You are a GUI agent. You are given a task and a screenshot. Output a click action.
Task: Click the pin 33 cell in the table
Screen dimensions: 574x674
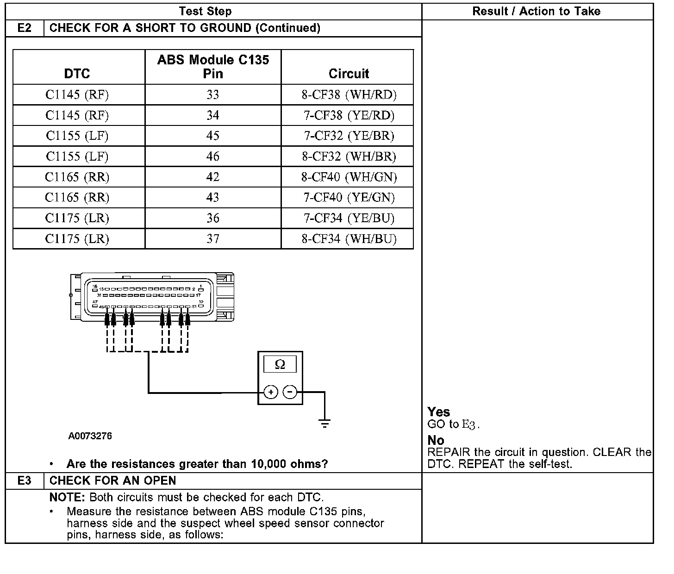click(212, 95)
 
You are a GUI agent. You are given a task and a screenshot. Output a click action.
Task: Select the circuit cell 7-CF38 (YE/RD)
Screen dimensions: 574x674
click(349, 115)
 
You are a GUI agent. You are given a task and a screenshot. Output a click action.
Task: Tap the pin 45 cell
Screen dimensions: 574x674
click(212, 136)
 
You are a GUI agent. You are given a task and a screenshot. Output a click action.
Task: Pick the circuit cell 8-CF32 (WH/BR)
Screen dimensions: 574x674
click(349, 156)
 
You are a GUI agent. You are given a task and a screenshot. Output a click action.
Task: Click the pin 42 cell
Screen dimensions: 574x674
click(212, 177)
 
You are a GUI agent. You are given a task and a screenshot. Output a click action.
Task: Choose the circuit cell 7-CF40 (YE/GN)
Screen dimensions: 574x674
click(349, 198)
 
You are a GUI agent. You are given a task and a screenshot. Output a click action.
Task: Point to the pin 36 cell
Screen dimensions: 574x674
click(212, 218)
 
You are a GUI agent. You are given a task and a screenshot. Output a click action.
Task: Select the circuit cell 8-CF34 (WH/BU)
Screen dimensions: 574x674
click(349, 239)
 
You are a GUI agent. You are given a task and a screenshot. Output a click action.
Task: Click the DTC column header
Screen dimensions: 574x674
click(77, 74)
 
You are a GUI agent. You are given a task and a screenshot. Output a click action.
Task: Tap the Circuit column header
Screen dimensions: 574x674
click(349, 74)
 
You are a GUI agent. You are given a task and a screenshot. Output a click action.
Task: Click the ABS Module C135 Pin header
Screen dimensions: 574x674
click(213, 67)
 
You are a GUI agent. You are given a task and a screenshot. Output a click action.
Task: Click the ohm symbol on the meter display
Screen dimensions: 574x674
click(280, 365)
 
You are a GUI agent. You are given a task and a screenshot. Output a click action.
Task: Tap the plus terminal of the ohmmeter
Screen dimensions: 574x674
click(271, 393)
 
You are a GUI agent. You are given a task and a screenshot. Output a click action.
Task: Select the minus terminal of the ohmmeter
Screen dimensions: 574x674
click(290, 393)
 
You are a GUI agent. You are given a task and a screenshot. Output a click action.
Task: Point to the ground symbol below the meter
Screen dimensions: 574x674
click(325, 423)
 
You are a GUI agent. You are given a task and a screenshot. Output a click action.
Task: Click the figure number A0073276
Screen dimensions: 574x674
click(90, 436)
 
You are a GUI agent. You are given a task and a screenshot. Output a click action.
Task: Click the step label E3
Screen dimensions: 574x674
click(25, 480)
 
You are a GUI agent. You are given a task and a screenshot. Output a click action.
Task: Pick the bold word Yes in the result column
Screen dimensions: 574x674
click(438, 412)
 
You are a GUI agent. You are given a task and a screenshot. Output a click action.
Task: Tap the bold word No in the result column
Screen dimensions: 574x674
click(436, 440)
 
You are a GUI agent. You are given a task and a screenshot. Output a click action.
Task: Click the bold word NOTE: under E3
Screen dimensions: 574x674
click(67, 498)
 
